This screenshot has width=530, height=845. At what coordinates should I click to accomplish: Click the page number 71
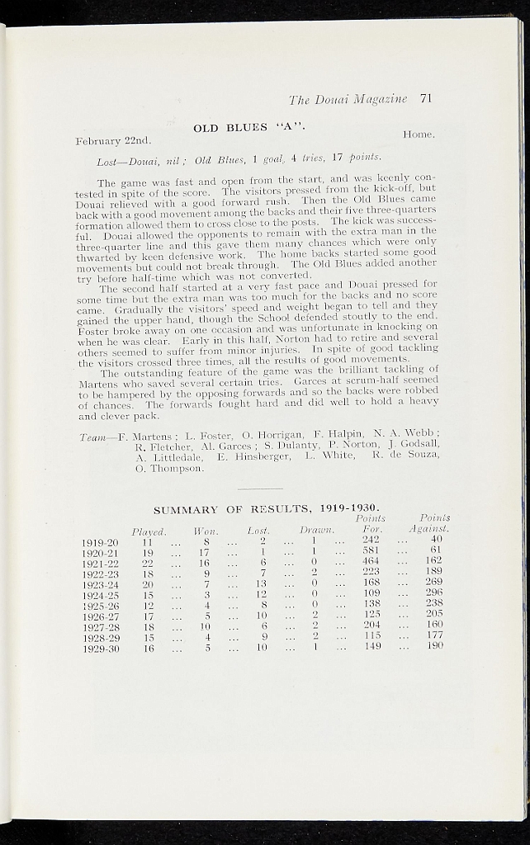[426, 99]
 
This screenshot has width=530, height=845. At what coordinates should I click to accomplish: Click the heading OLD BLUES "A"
[249, 128]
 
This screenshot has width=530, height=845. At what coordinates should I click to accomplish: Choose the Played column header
[149, 531]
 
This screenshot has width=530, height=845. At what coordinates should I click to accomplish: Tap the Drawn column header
[316, 531]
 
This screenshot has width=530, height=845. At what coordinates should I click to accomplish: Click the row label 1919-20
[100, 541]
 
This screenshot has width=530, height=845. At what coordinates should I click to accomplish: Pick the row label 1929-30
[100, 649]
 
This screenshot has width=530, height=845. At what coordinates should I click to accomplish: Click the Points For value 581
[370, 552]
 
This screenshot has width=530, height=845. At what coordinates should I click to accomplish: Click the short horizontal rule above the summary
[265, 489]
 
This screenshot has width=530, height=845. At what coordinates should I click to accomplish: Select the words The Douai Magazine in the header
[348, 100]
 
